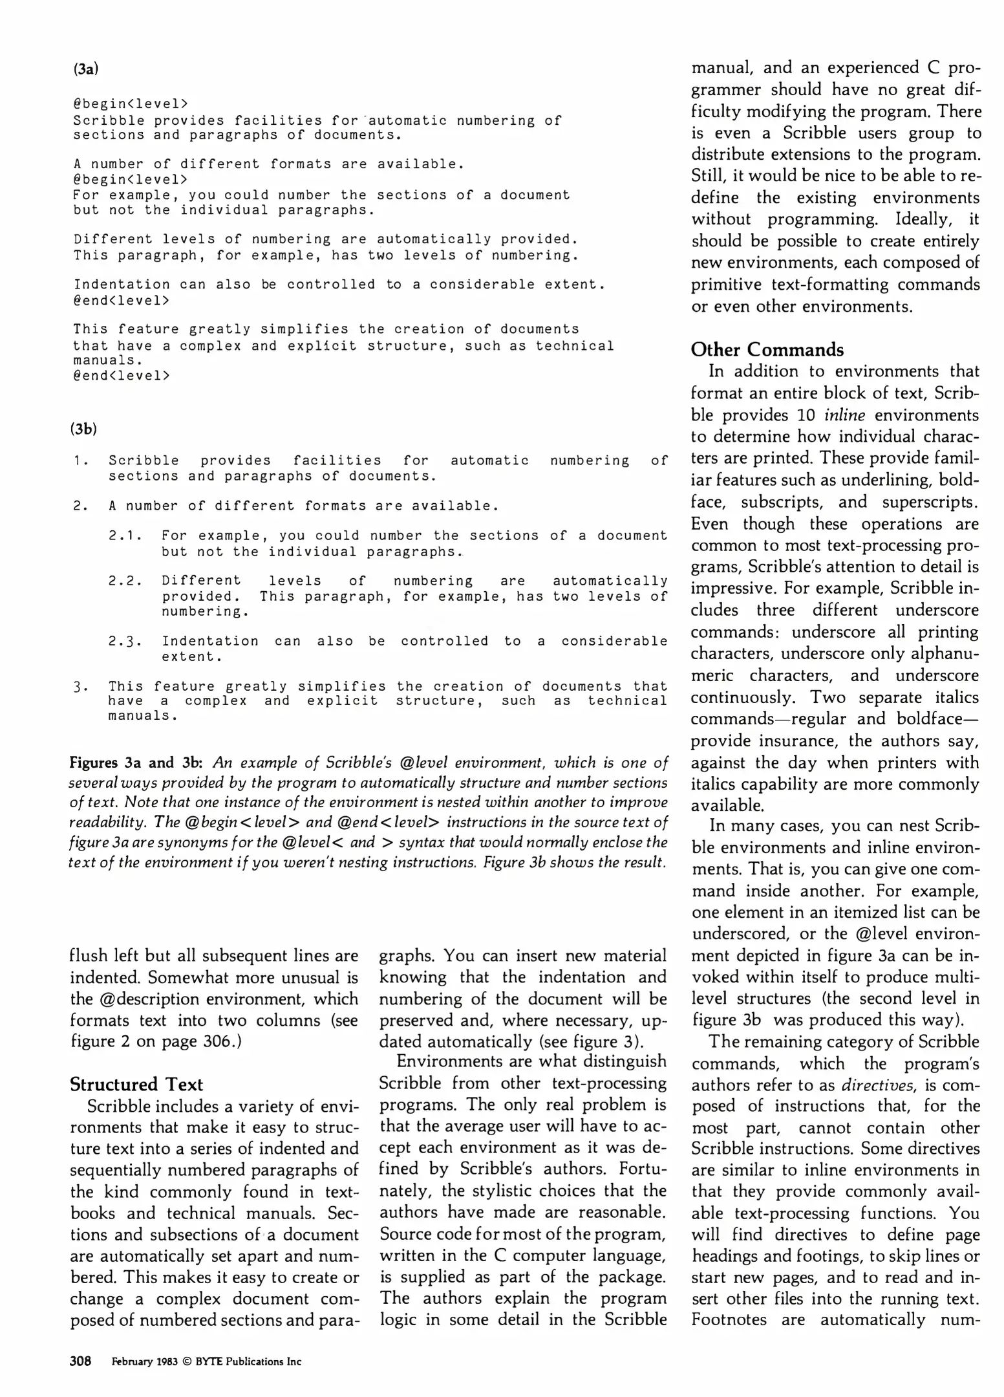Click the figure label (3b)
(x=83, y=428)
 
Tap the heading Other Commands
(x=767, y=349)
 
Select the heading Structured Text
(x=136, y=1084)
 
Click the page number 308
(x=80, y=1361)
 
